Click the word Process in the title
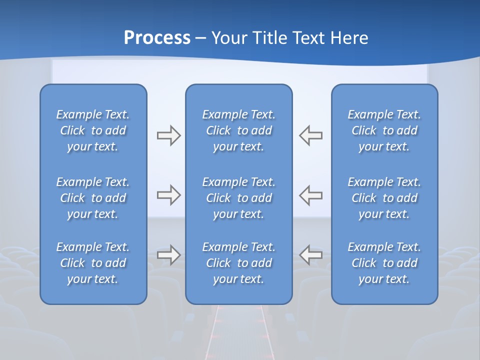[x=157, y=38]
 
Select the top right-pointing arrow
[x=168, y=135]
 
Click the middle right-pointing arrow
[x=168, y=195]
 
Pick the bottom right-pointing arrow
[x=168, y=255]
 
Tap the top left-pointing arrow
[x=311, y=135]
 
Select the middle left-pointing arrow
[x=311, y=195]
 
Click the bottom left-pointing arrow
[x=311, y=255]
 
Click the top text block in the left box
[x=93, y=130]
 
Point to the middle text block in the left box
[x=93, y=198]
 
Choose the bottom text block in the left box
[x=93, y=263]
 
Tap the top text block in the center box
[x=239, y=130]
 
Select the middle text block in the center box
[x=239, y=198]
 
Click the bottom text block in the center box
[x=239, y=263]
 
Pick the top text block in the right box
[x=384, y=130]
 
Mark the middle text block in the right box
[x=384, y=198]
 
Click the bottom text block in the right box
[x=384, y=263]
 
